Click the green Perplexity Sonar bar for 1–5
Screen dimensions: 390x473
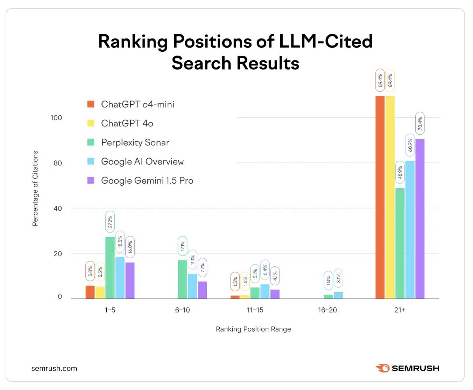pyautogui.click(x=110, y=268)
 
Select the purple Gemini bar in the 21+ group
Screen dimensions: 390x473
pyautogui.click(x=420, y=219)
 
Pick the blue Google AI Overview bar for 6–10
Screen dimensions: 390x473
pyautogui.click(x=192, y=286)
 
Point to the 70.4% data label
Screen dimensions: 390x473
pyautogui.click(x=420, y=123)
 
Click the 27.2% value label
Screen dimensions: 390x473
pyautogui.click(x=110, y=222)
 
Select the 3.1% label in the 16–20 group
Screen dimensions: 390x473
pyautogui.click(x=338, y=278)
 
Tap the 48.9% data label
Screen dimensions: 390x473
pyautogui.click(x=400, y=172)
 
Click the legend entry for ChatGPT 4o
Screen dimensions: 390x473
pyautogui.click(x=127, y=123)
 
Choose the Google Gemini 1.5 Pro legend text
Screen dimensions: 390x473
pyautogui.click(x=147, y=181)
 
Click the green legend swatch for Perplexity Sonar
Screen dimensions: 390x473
pyautogui.click(x=91, y=142)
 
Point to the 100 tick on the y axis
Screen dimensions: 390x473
pyautogui.click(x=56, y=118)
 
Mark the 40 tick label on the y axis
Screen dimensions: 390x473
pyautogui.click(x=58, y=208)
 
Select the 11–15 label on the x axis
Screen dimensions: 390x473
pyautogui.click(x=255, y=310)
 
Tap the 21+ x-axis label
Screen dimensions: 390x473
pyautogui.click(x=400, y=310)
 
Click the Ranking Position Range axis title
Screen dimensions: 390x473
pyautogui.click(x=253, y=329)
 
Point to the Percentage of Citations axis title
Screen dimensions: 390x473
pyautogui.click(x=35, y=188)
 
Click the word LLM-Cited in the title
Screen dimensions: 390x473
pyautogui.click(x=325, y=41)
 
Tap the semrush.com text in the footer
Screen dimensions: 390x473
pyautogui.click(x=54, y=368)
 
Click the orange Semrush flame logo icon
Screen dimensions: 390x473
pyautogui.click(x=382, y=368)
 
